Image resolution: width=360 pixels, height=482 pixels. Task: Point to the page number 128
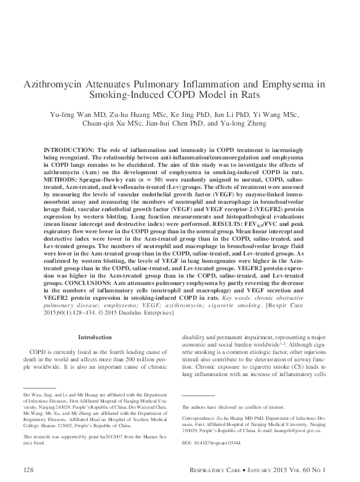pos(27,470)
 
